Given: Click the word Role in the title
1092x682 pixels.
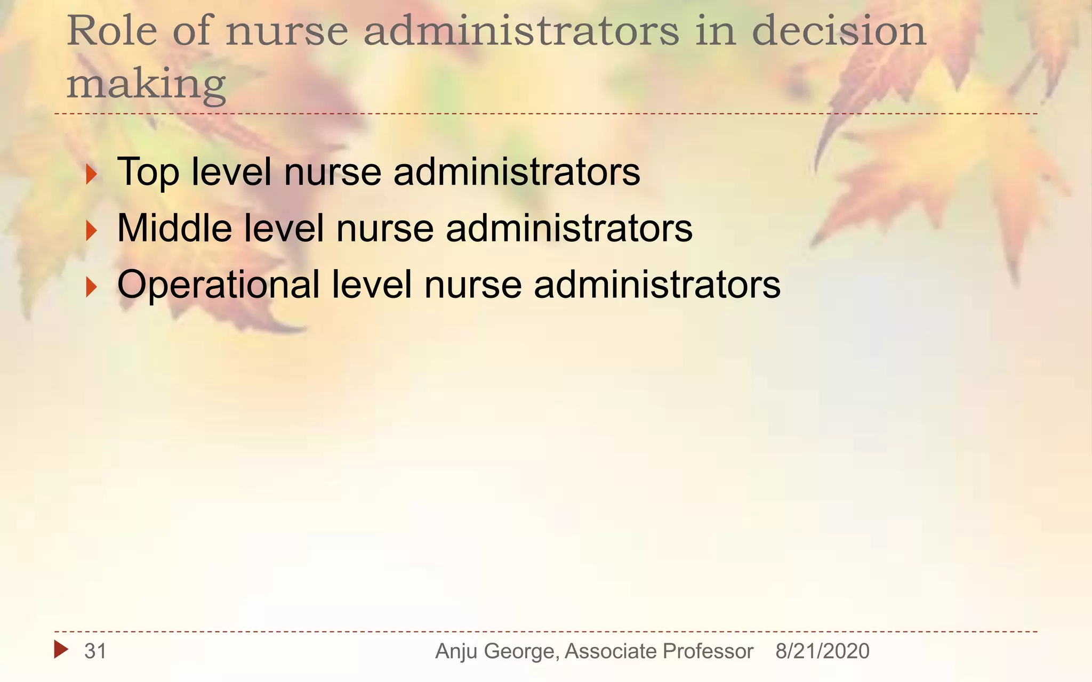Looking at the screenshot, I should coord(112,31).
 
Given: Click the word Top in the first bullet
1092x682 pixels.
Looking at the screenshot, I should coord(148,173).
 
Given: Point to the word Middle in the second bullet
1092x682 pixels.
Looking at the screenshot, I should coord(174,228).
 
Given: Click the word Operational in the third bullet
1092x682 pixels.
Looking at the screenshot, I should coord(219,285).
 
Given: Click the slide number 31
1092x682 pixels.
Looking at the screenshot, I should coord(95,651).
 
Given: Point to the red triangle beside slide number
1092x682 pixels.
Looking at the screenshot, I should coord(61,649).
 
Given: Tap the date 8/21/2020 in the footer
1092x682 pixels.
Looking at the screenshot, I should coord(822,651).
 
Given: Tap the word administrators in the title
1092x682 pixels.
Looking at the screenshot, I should coord(521,31).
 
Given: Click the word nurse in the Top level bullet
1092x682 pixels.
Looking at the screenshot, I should coord(333,173).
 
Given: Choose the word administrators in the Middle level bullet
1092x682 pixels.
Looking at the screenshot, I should coord(569,228).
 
